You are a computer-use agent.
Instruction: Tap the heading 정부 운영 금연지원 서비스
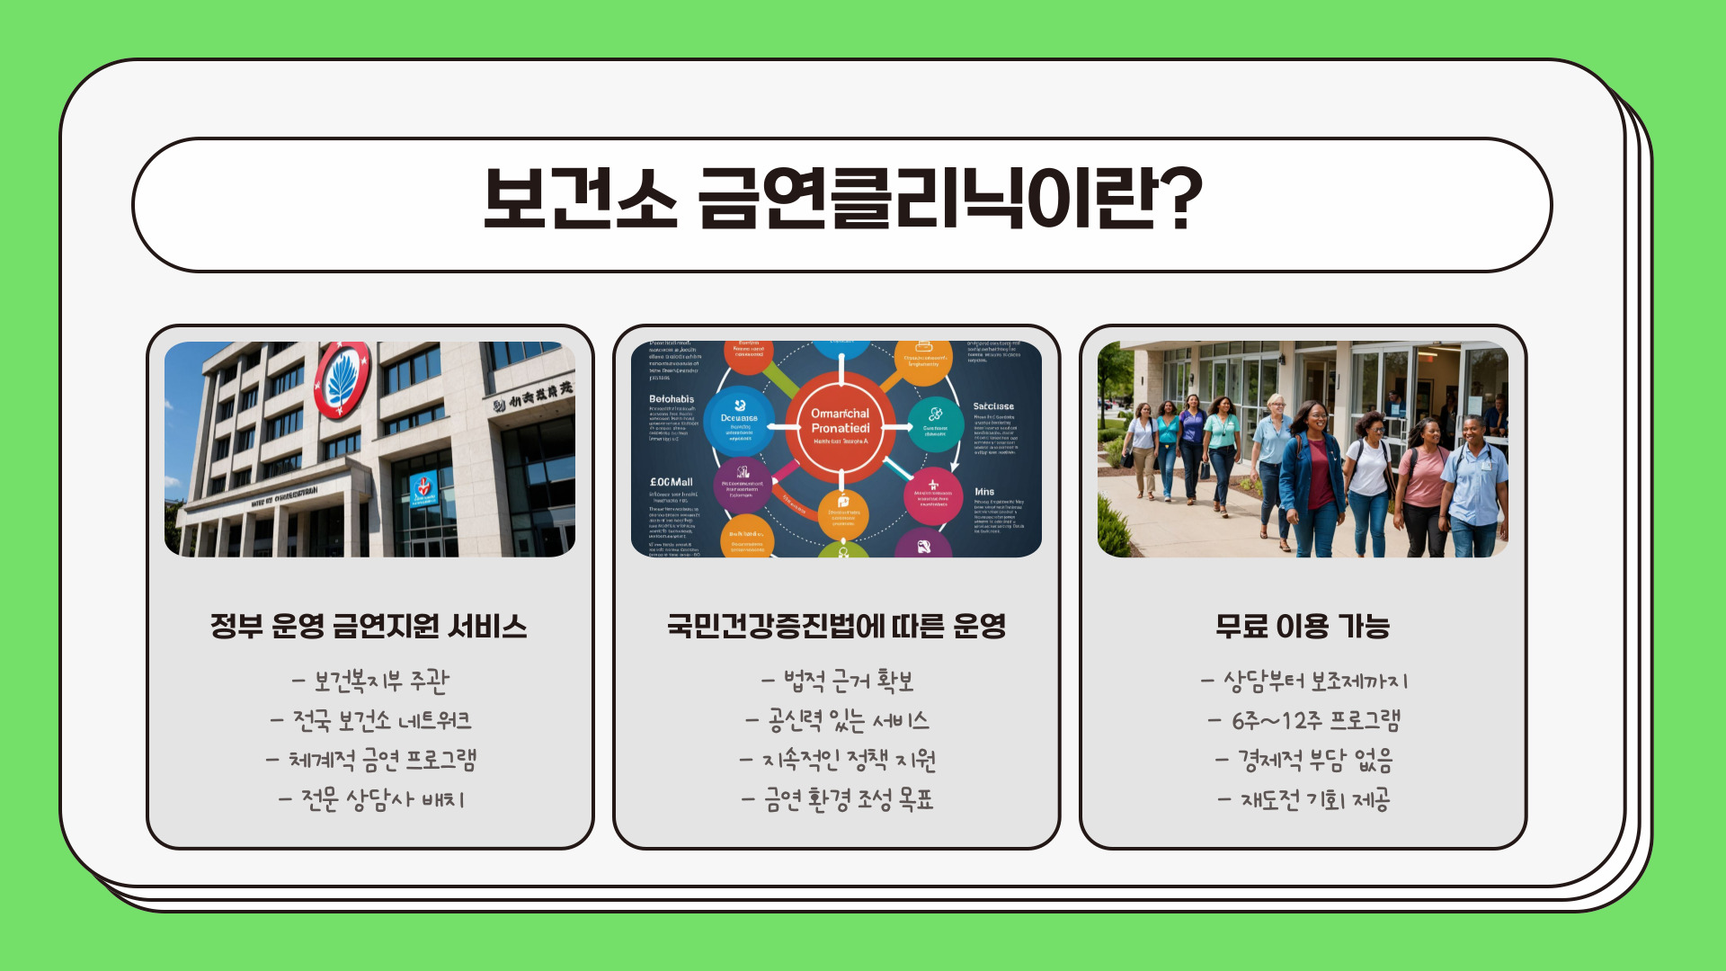[x=369, y=626]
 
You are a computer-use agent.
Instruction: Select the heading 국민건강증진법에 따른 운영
[x=836, y=626]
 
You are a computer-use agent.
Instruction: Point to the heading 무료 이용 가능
[x=1303, y=626]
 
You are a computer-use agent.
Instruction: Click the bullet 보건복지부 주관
[x=370, y=681]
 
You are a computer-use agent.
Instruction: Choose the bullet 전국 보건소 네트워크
[x=370, y=721]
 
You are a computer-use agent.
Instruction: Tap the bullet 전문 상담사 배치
[x=370, y=799]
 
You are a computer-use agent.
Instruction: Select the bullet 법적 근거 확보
[x=838, y=681]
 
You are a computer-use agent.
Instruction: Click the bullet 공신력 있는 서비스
[x=838, y=721]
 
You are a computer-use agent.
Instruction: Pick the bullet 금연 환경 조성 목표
[x=838, y=799]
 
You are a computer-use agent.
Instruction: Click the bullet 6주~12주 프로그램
[x=1304, y=721]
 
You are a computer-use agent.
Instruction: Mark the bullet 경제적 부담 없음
[x=1304, y=761]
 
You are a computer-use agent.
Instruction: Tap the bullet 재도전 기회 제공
[x=1304, y=799]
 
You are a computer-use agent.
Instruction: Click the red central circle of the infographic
[x=841, y=427]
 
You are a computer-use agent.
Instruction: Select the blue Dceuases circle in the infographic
[x=739, y=420]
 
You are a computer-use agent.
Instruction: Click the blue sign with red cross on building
[x=423, y=489]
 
